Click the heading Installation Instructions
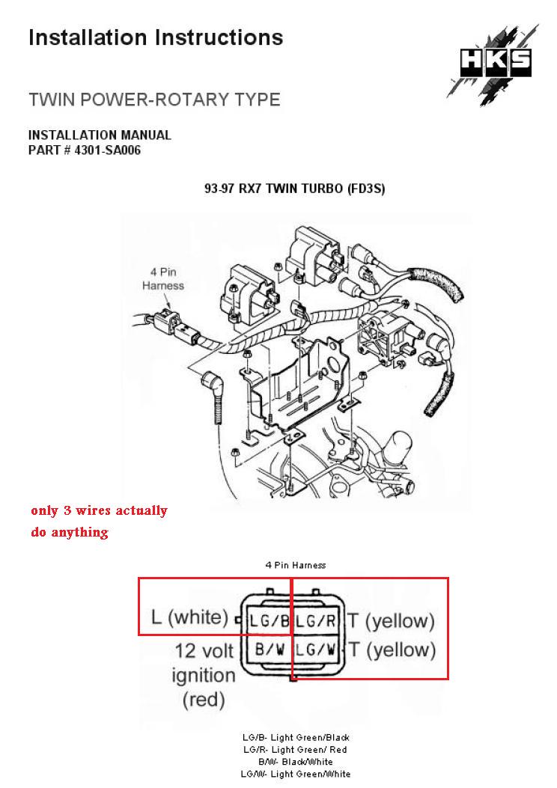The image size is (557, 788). coord(156,37)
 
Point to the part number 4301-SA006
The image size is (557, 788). coord(85,150)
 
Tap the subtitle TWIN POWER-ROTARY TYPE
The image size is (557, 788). coord(154,100)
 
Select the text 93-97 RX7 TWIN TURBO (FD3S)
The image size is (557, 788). coord(294,189)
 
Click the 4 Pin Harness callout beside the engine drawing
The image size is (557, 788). coord(163,278)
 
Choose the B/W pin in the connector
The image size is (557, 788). coord(268,650)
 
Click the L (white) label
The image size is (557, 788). coord(189,618)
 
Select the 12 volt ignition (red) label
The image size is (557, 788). coord(204,675)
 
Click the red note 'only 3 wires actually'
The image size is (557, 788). coord(99,511)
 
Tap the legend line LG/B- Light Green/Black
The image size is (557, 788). coord(296,738)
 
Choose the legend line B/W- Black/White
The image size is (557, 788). coord(296,762)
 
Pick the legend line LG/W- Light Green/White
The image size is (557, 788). coord(296,774)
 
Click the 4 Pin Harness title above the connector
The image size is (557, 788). coord(295,566)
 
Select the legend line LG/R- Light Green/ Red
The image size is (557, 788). coord(296,750)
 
